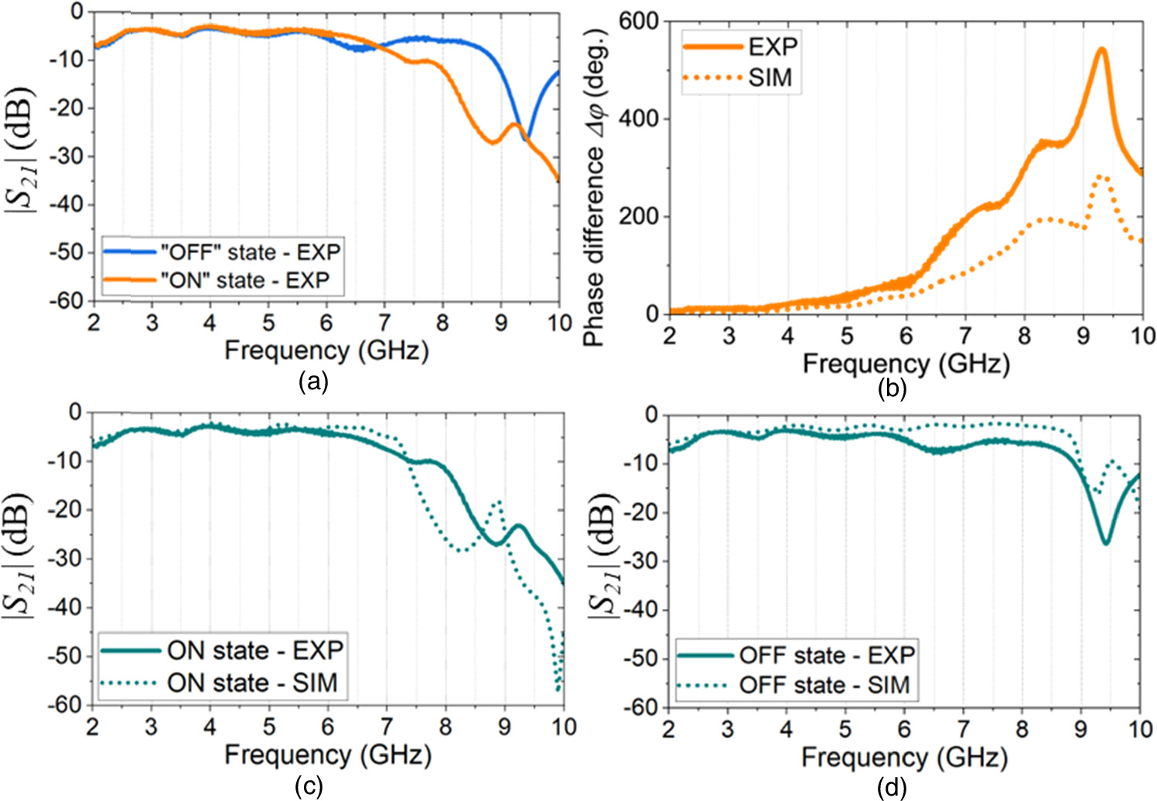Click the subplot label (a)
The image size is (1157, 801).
[314, 382]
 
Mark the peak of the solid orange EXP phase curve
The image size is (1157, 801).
[1101, 50]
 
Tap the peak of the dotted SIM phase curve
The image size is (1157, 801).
[1101, 176]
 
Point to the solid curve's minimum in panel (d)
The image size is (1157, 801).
[1106, 543]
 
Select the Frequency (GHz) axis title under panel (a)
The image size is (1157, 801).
[326, 351]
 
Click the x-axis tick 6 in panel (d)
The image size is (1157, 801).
[904, 729]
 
